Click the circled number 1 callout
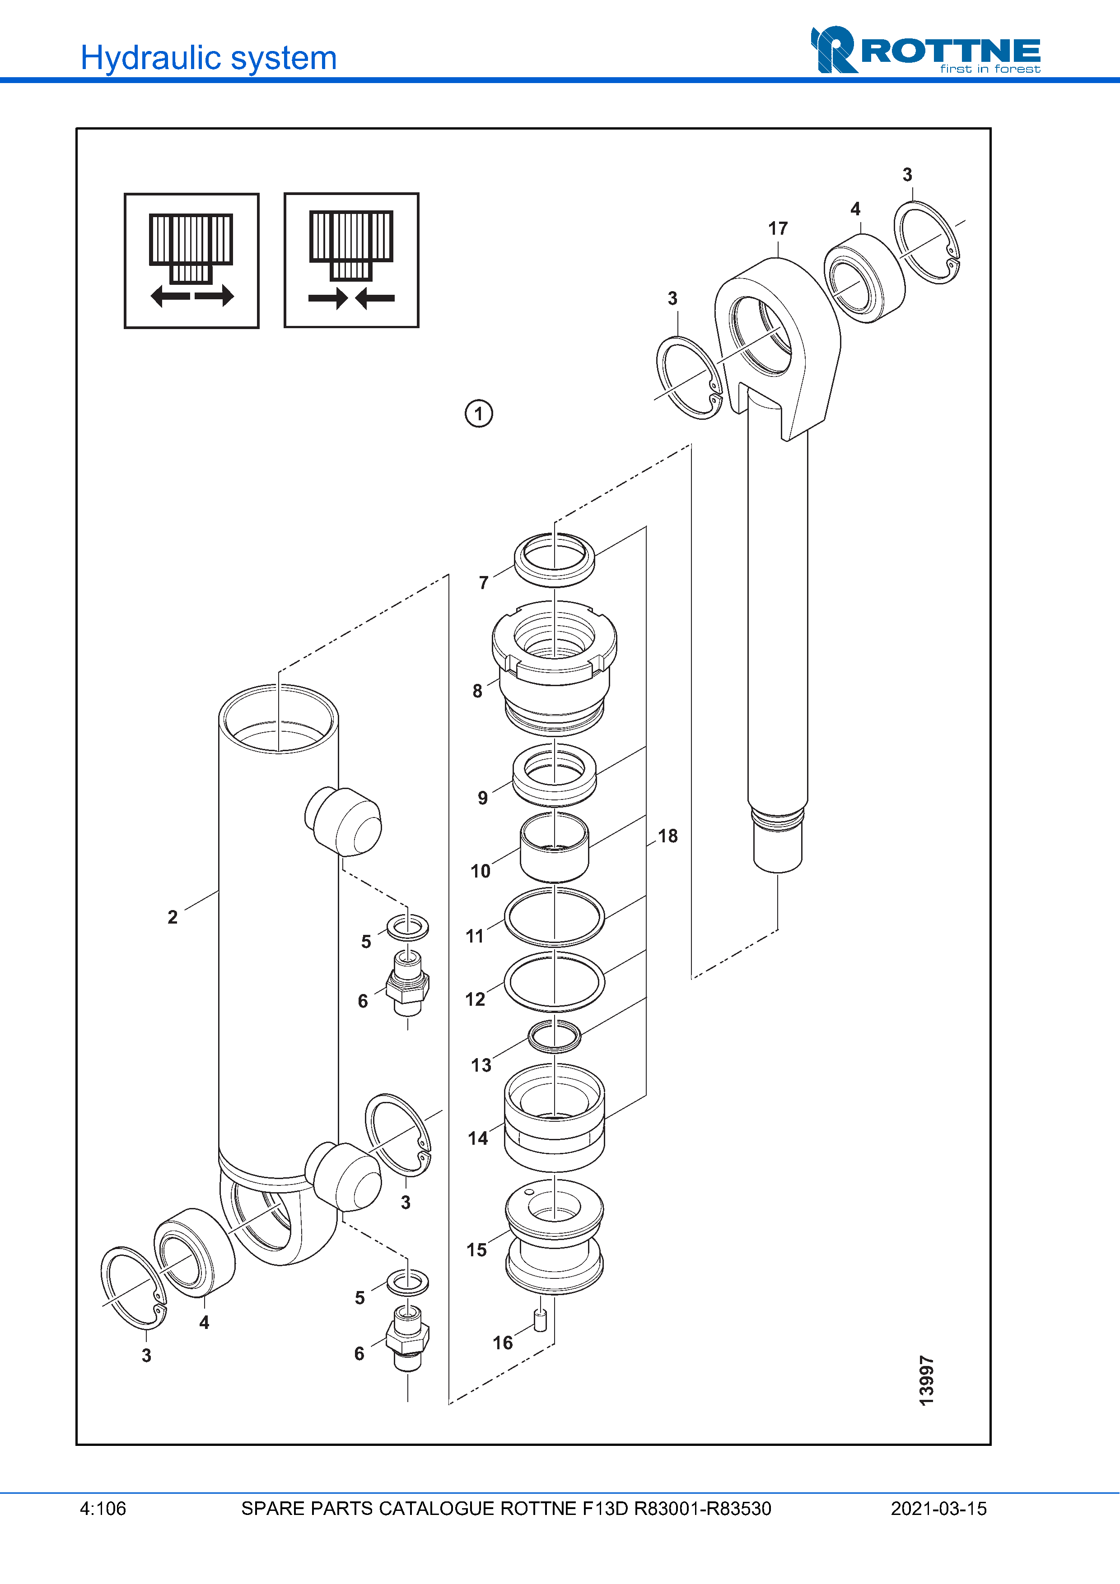click(x=478, y=414)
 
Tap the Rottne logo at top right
click(x=925, y=51)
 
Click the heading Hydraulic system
click(x=208, y=58)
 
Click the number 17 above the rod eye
click(x=778, y=228)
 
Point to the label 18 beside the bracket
click(x=667, y=836)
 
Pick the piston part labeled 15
click(x=554, y=1236)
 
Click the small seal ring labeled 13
click(x=554, y=1036)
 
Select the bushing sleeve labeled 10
click(x=554, y=848)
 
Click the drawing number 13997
click(x=927, y=1380)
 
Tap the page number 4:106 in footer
click(x=103, y=1509)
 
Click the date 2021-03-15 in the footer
click(x=938, y=1509)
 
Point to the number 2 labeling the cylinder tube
click(x=173, y=917)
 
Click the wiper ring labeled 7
click(x=554, y=559)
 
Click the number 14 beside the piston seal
click(x=477, y=1138)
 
